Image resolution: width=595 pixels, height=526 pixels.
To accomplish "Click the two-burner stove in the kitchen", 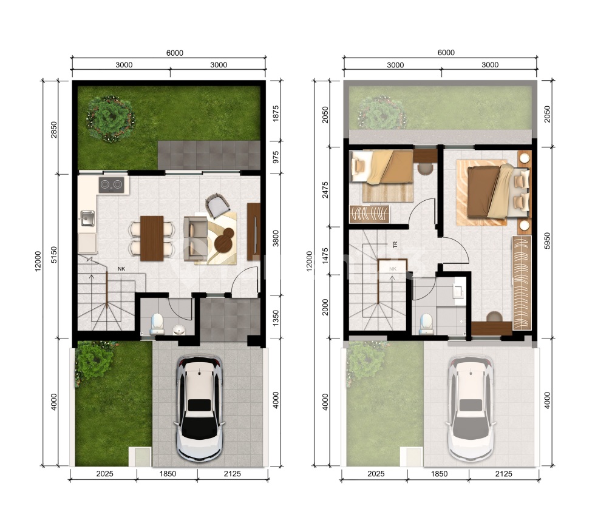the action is click(111, 184).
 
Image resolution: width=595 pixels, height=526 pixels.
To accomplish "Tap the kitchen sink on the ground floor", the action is click(87, 219).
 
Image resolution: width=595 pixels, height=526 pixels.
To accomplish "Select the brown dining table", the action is click(152, 238).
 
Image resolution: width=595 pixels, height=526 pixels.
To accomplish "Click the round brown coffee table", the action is click(224, 240).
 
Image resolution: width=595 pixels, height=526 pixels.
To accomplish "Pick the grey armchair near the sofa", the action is click(217, 206).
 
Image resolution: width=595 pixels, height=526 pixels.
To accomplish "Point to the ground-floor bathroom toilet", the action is click(157, 324).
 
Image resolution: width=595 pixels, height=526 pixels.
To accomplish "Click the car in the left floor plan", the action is click(199, 408).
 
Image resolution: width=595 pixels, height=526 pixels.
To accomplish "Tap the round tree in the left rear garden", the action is click(110, 119).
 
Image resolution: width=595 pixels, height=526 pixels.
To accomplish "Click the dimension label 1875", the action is click(276, 113).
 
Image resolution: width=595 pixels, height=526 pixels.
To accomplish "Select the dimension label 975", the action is click(276, 157).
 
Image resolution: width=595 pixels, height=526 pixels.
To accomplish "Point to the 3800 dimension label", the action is click(276, 238).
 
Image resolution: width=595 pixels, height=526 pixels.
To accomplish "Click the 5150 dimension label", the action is click(54, 254).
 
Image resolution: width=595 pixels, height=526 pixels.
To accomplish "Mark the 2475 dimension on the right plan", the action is click(325, 190).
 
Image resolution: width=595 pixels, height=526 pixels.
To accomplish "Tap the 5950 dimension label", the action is click(547, 240).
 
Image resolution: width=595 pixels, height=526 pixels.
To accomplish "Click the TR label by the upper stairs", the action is click(395, 245).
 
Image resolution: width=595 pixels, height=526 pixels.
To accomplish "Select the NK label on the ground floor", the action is click(121, 269).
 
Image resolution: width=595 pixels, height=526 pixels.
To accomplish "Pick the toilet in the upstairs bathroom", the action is click(426, 324).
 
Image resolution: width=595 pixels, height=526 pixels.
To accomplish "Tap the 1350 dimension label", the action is click(276, 317).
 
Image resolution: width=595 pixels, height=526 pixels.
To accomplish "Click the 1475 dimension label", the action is click(325, 256).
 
